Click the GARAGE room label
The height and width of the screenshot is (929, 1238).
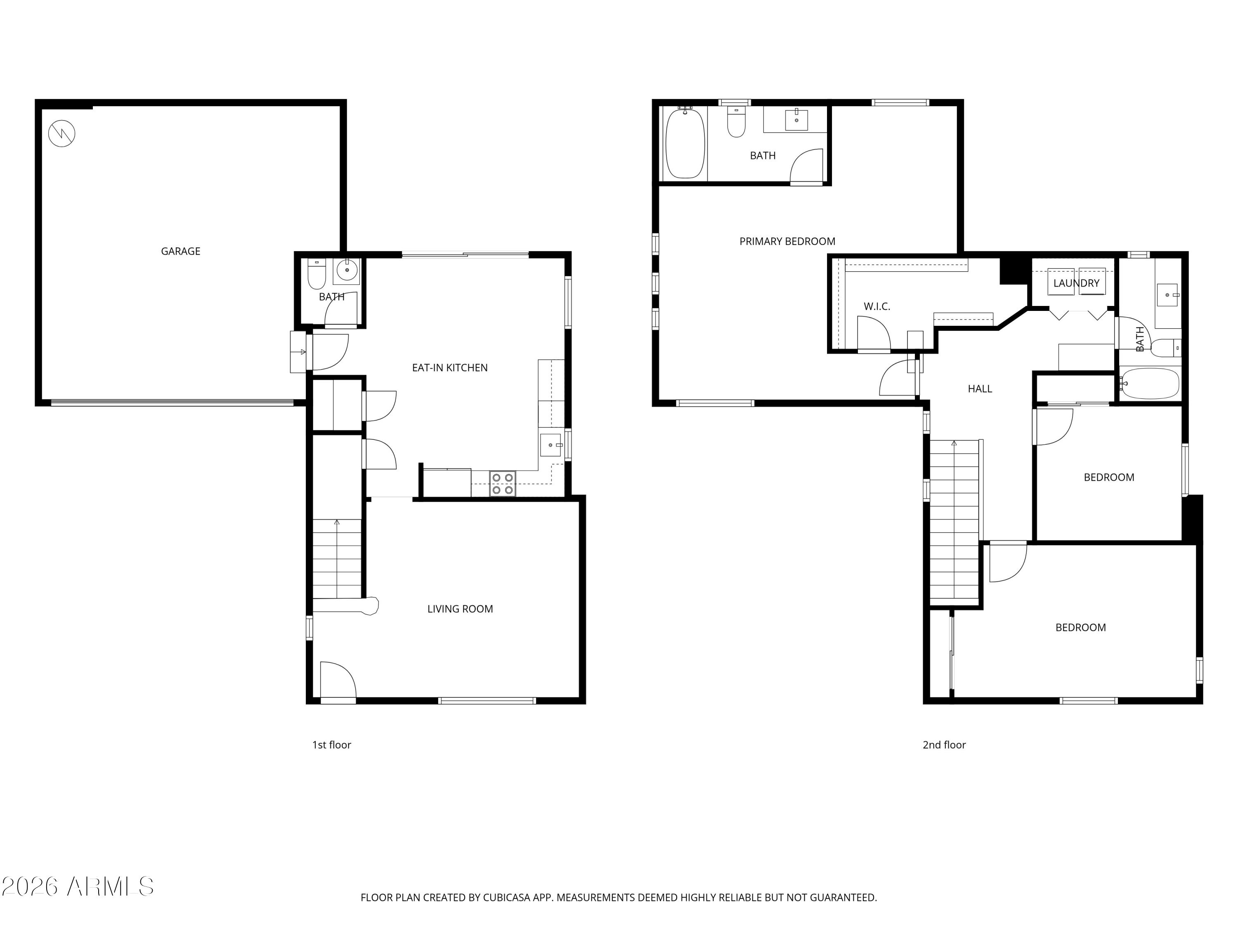click(180, 251)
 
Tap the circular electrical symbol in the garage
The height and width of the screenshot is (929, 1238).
click(61, 134)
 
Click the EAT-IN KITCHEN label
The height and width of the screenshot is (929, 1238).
click(449, 368)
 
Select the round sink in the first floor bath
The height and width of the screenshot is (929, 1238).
click(347, 270)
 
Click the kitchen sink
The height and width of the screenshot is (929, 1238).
click(551, 445)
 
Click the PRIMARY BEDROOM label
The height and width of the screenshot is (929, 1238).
click(787, 242)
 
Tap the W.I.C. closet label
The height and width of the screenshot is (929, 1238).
click(877, 306)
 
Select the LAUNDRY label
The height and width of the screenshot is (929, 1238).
click(1076, 283)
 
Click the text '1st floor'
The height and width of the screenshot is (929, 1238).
click(331, 745)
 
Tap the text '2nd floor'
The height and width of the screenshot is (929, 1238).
click(944, 745)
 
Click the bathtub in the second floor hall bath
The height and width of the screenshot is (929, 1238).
click(1150, 384)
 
